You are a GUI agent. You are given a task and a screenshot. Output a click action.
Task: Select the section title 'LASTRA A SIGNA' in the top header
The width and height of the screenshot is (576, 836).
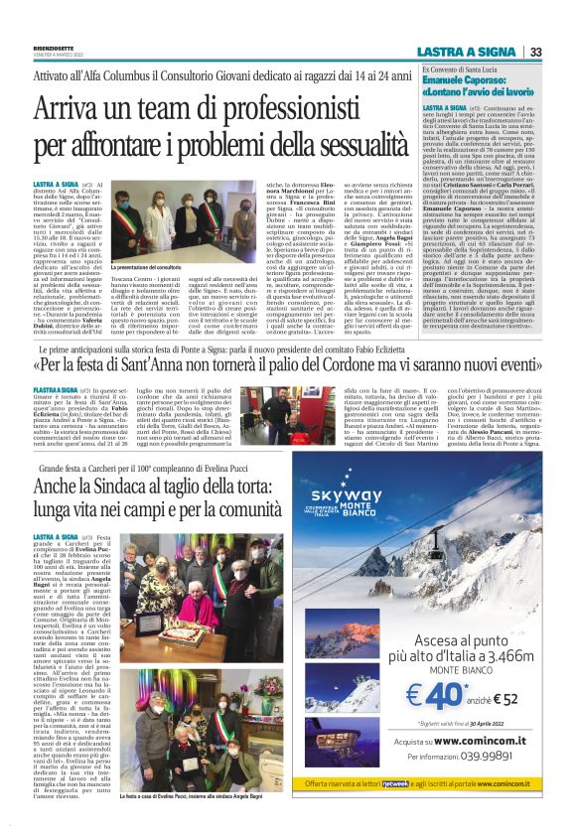click(481, 52)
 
